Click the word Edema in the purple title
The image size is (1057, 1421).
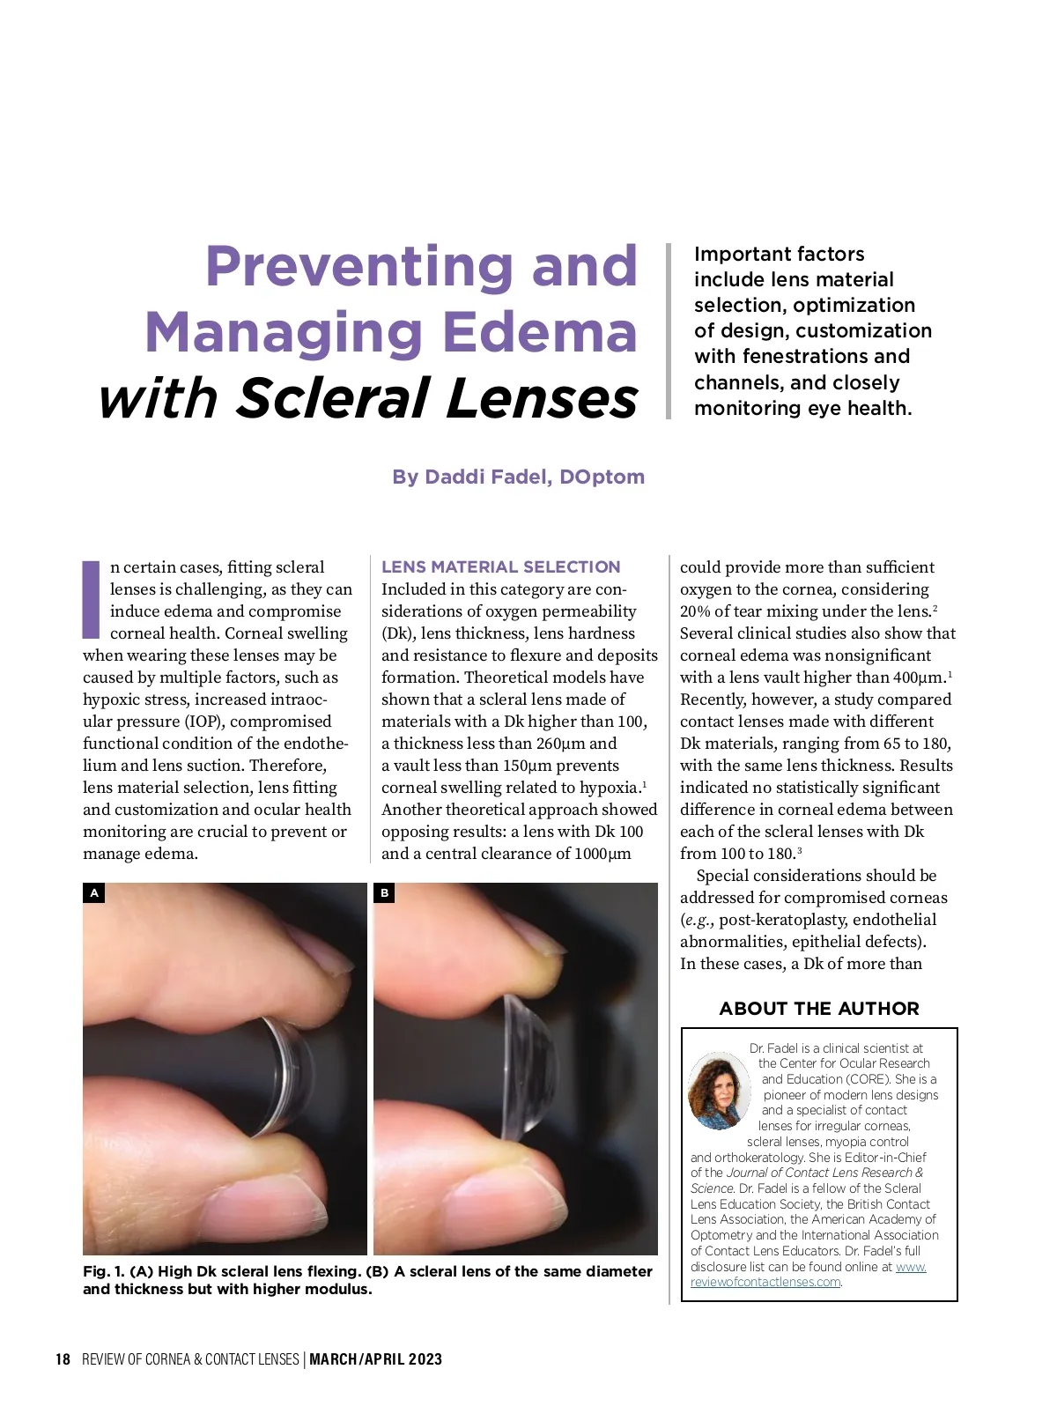coord(539,332)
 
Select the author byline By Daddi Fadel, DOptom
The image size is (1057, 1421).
coord(518,477)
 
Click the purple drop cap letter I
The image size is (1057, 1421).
coord(91,599)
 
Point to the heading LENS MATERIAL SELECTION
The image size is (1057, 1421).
coord(500,566)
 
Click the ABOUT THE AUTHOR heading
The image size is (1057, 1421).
coord(818,1009)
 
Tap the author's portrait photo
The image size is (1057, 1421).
coord(718,1091)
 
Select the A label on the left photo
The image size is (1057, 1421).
coord(94,893)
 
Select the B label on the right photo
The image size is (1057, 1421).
coord(384,893)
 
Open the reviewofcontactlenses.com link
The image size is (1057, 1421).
coord(765,1283)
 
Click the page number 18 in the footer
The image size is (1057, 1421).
coord(63,1359)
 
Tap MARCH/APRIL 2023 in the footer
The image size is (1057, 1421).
coord(375,1359)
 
